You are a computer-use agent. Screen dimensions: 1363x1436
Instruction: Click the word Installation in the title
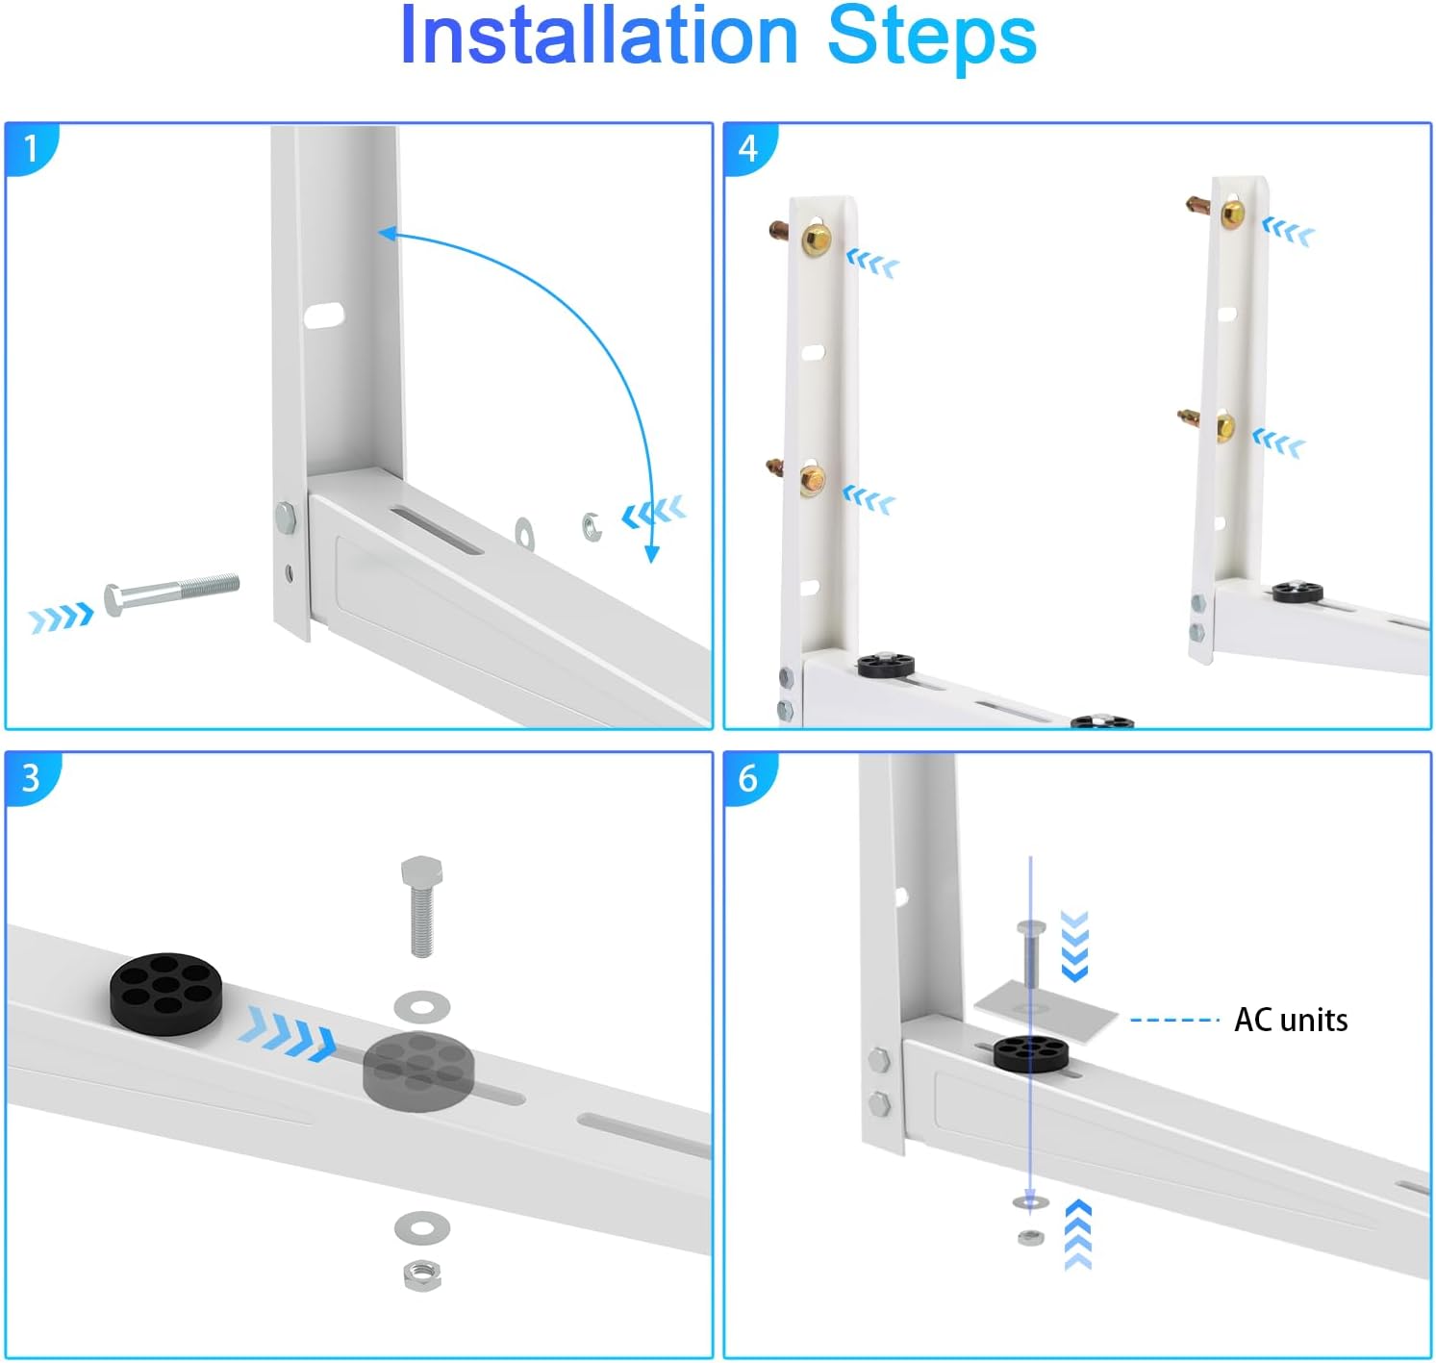598,37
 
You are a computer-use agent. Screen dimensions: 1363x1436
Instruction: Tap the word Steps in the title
931,37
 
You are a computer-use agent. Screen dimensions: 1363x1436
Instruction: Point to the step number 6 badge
748,777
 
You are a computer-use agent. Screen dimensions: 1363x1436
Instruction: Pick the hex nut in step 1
592,526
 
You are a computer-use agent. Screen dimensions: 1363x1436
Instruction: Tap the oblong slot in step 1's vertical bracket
324,316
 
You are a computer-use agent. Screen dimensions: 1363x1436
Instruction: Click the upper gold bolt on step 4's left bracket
816,239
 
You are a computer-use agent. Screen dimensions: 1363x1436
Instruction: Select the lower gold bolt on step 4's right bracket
1224,425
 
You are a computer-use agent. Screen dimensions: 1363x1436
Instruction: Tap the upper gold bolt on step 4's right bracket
1232,214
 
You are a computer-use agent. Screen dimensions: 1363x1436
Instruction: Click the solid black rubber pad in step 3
165,994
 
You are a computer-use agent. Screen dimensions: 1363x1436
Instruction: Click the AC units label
1290,1020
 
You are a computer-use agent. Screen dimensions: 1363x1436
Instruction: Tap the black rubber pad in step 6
1031,1053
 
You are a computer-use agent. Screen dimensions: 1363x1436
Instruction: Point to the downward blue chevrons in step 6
1073,945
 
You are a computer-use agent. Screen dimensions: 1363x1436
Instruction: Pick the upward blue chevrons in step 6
1078,1234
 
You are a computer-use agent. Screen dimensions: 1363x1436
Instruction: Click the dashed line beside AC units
1174,1020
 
